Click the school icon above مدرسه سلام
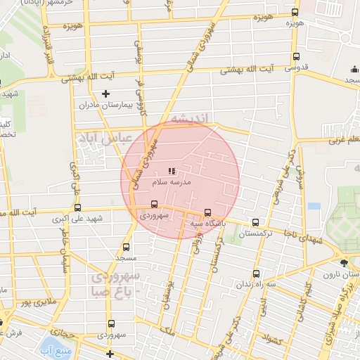tap(172, 171)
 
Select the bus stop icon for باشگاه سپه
tap(207, 213)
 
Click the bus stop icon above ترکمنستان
tap(255, 222)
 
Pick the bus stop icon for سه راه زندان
tap(255, 273)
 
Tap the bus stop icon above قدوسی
tap(295, 58)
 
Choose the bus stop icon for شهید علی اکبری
tap(77, 208)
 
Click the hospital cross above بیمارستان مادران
tap(105, 93)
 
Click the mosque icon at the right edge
tap(354, 70)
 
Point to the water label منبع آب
tap(55, 349)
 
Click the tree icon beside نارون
tap(342, 263)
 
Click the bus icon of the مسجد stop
tap(126, 247)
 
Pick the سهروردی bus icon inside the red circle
tap(154, 205)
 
